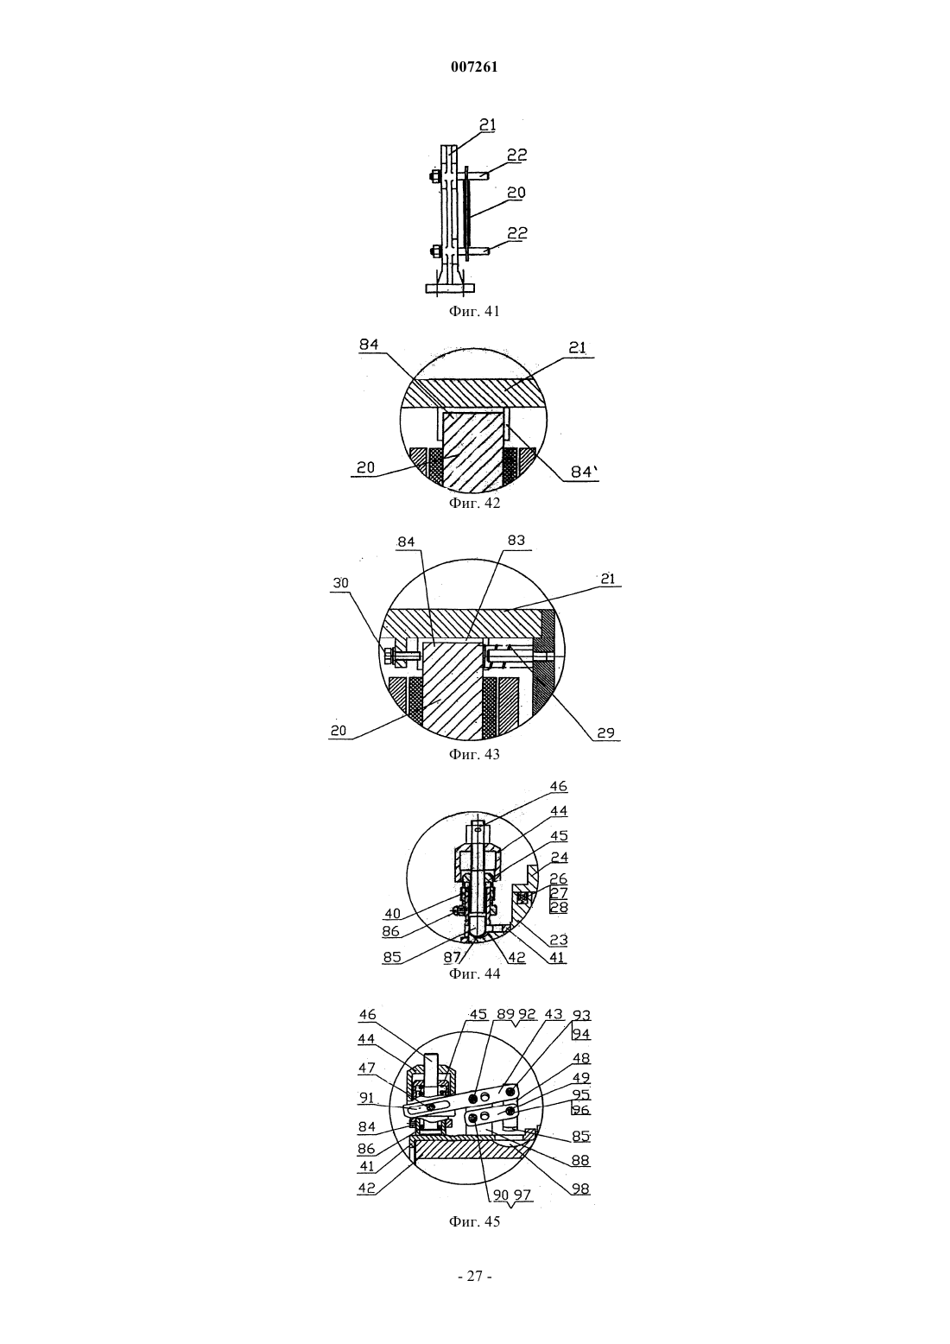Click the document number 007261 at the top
tap(474, 67)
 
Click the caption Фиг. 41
tap(474, 312)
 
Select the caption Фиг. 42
tap(474, 503)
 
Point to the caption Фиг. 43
tap(474, 754)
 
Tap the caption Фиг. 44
tap(474, 973)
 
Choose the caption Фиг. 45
tap(474, 1221)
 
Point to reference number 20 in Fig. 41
tap(516, 193)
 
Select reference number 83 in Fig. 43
tap(516, 540)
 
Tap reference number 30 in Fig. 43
tap(340, 583)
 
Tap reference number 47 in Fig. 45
tap(367, 1068)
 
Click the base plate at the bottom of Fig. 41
tap(450, 288)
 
